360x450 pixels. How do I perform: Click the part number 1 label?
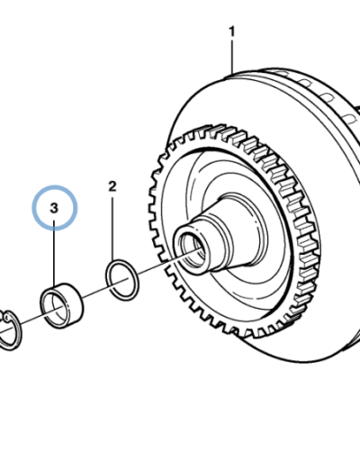click(x=231, y=31)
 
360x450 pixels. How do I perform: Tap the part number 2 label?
click(x=112, y=186)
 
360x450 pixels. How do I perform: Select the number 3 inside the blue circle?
click(x=54, y=208)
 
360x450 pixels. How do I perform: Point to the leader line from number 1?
click(x=232, y=57)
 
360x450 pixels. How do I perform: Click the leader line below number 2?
click(x=112, y=229)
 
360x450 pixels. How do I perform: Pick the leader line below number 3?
click(x=54, y=254)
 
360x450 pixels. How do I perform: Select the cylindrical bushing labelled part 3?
click(x=62, y=305)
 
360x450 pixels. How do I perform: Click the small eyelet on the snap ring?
click(x=5, y=316)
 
